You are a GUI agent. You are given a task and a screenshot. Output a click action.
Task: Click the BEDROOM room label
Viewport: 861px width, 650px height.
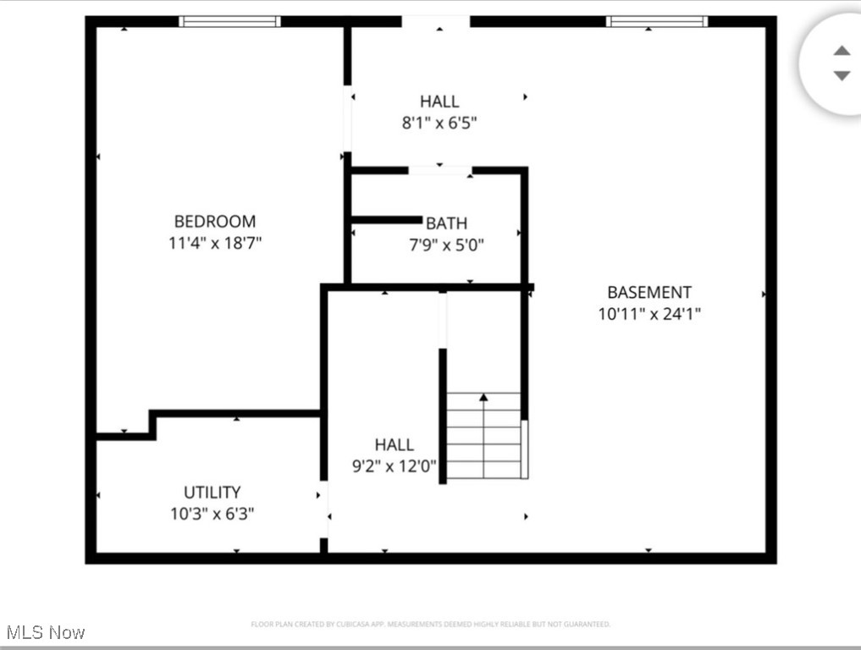pyautogui.click(x=215, y=222)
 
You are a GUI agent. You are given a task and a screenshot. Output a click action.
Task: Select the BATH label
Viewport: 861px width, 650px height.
pyautogui.click(x=446, y=223)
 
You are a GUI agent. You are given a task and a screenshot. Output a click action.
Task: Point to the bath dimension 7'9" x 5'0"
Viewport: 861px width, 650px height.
pyautogui.click(x=446, y=245)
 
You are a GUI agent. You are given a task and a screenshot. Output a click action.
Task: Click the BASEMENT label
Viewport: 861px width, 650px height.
pyautogui.click(x=649, y=293)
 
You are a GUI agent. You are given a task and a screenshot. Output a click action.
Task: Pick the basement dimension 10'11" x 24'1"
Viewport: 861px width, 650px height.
pyautogui.click(x=649, y=314)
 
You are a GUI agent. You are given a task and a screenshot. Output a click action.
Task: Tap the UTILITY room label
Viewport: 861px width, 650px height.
pyautogui.click(x=212, y=493)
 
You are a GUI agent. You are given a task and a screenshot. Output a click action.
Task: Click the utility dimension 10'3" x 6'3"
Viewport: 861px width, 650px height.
pyautogui.click(x=212, y=514)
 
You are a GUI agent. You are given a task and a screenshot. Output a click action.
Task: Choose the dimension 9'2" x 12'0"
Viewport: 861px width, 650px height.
pyautogui.click(x=395, y=465)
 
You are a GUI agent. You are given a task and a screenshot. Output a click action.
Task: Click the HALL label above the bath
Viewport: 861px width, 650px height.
pyautogui.click(x=439, y=102)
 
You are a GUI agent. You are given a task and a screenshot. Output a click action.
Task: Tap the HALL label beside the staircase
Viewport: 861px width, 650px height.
pyautogui.click(x=395, y=444)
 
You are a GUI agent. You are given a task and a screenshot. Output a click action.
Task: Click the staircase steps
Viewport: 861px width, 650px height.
pyautogui.click(x=483, y=444)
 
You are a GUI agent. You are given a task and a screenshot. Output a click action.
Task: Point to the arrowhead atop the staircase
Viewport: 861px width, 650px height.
pyautogui.click(x=483, y=396)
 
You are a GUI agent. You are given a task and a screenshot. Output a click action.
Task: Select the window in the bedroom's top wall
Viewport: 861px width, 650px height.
pyautogui.click(x=229, y=21)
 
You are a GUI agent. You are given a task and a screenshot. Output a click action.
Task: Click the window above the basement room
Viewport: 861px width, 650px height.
pyautogui.click(x=657, y=21)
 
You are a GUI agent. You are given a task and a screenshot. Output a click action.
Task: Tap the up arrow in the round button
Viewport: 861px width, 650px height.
pyautogui.click(x=842, y=51)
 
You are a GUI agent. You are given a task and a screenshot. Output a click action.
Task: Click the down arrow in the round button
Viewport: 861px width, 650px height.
pyautogui.click(x=842, y=75)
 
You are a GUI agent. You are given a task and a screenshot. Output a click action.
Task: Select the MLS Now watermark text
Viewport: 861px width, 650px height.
pyautogui.click(x=46, y=632)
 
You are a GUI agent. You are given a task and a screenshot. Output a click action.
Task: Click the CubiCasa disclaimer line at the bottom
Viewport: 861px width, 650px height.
pyautogui.click(x=430, y=625)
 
